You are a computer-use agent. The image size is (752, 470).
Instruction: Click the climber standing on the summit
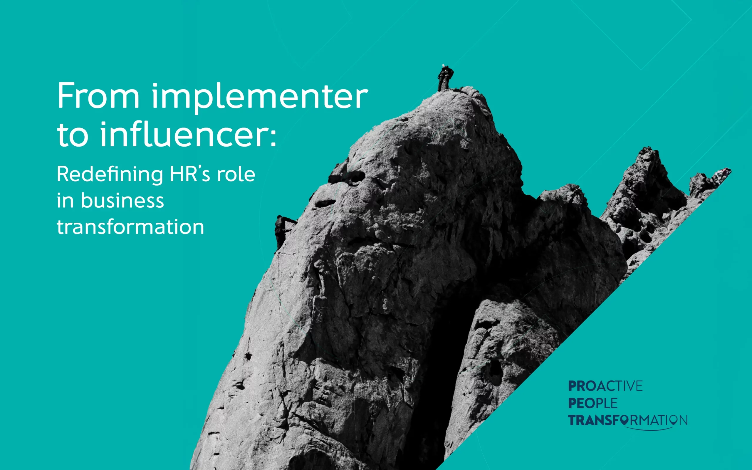(445, 78)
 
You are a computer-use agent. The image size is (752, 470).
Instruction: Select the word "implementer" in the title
(260, 98)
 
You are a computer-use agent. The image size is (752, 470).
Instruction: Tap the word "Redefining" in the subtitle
(110, 174)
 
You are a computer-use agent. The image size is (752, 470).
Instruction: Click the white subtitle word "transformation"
(130, 226)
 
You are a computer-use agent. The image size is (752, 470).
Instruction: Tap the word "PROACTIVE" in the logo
(605, 386)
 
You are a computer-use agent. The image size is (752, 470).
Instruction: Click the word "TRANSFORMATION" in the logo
(628, 421)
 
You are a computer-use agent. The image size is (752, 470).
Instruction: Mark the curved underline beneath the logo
(648, 429)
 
